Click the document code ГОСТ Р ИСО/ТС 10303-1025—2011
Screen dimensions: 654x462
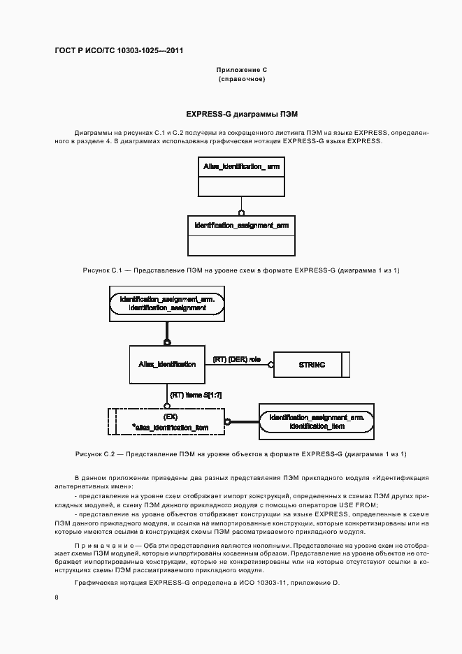click(119, 50)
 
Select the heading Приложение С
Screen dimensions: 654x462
click(242, 71)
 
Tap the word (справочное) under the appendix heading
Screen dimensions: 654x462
click(242, 79)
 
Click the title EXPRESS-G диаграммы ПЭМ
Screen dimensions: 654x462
click(242, 113)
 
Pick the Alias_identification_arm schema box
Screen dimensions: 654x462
click(241, 177)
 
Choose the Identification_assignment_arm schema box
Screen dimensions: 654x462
click(241, 235)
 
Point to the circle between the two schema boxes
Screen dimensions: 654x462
click(241, 212)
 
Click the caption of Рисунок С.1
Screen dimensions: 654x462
click(241, 270)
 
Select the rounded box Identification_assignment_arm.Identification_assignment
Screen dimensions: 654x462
click(167, 303)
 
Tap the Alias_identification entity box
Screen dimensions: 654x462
click(166, 364)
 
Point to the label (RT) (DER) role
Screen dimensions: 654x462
click(236, 359)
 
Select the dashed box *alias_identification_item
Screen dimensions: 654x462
click(166, 421)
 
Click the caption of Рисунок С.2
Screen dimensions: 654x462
click(241, 454)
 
